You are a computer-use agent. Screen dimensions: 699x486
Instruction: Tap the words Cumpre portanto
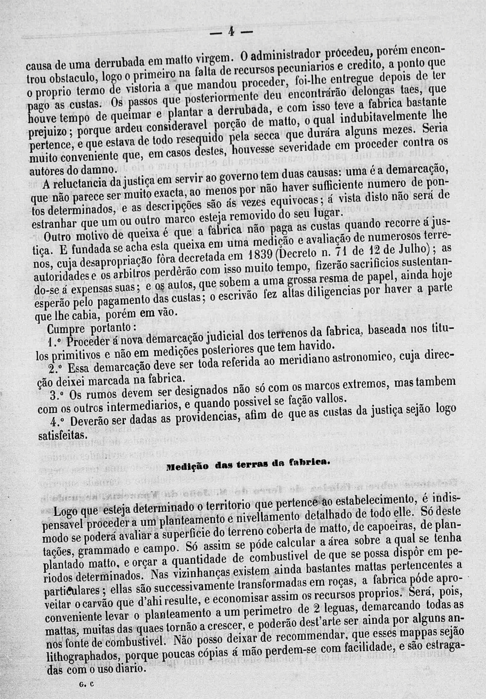(x=95, y=329)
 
